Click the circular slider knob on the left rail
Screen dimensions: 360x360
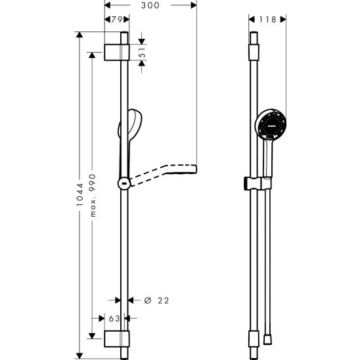[123, 183]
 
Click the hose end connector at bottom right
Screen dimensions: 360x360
[269, 339]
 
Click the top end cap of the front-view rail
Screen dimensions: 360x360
[254, 50]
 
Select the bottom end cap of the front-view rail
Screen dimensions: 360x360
[254, 339]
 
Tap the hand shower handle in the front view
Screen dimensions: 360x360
[267, 158]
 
